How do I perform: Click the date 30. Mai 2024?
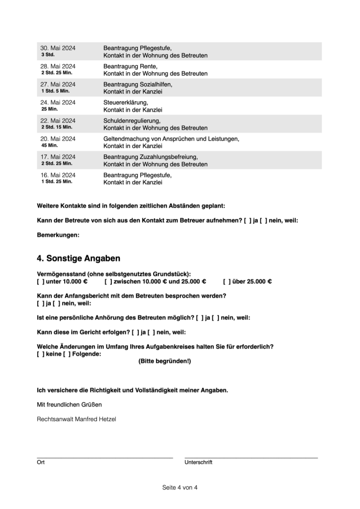click(58, 48)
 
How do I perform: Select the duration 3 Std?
click(48, 55)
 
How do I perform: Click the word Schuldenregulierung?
click(132, 121)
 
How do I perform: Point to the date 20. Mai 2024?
click(58, 139)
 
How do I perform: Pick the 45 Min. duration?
click(50, 145)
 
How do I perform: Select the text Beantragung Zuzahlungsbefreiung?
click(151, 157)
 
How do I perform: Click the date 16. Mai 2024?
click(58, 175)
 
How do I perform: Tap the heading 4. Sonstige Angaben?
click(79, 258)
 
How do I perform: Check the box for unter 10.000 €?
click(40, 281)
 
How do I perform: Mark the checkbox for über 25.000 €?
click(226, 281)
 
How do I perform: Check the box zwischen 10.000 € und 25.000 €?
click(107, 281)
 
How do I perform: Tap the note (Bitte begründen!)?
click(164, 361)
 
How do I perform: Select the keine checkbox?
click(40, 354)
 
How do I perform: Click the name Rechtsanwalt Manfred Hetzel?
click(77, 419)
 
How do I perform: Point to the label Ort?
click(41, 462)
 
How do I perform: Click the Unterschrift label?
click(198, 462)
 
